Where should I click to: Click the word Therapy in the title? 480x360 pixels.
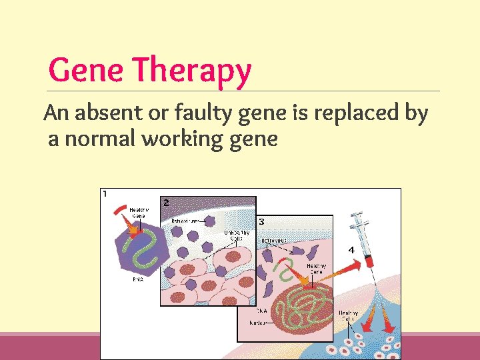[x=191, y=72]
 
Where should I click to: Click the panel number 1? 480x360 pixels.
[x=105, y=194]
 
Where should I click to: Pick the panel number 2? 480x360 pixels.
[x=166, y=202]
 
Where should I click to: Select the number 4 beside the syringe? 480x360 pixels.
[x=350, y=249]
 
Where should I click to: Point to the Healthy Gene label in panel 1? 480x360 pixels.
[x=139, y=213]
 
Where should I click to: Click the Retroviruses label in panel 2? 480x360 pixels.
[x=185, y=221]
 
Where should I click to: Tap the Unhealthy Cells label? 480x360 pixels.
[x=237, y=235]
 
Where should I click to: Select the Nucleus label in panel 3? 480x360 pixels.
[x=257, y=322]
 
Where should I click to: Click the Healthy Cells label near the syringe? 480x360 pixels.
[x=348, y=315]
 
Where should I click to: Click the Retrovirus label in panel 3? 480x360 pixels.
[x=274, y=240]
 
